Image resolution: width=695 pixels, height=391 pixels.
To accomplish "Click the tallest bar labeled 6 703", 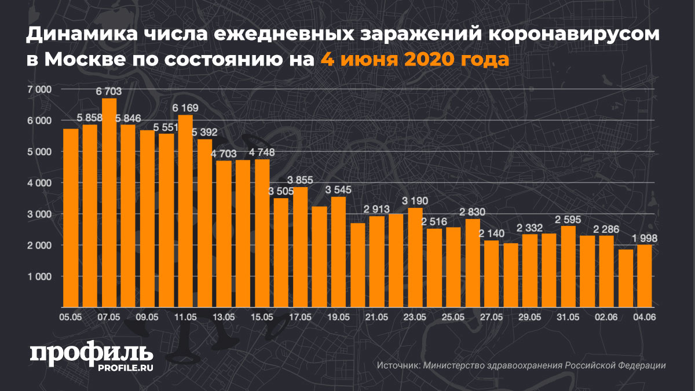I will click(109, 203).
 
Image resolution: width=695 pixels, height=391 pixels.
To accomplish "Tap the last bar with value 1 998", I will click(644, 276).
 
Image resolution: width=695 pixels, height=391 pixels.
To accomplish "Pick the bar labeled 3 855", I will click(300, 247).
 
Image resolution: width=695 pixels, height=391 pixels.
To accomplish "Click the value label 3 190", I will click(415, 201).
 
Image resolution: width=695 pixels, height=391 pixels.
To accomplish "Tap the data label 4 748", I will click(262, 152).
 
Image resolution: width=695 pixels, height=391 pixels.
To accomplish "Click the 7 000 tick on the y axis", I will click(39, 89).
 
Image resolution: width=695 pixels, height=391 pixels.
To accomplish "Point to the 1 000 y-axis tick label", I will click(39, 276).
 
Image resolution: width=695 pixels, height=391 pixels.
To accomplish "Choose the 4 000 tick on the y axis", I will click(39, 183).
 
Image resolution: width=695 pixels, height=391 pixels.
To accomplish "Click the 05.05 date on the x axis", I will click(71, 317).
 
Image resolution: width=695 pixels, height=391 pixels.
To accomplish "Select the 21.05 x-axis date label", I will click(376, 317).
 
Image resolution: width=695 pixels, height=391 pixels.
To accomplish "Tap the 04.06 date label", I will click(644, 317).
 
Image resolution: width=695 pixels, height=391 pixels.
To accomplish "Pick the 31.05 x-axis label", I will click(568, 317).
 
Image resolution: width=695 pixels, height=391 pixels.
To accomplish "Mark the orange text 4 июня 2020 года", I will click(415, 59).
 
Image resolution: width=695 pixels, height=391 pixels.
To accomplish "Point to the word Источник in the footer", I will click(398, 366).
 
